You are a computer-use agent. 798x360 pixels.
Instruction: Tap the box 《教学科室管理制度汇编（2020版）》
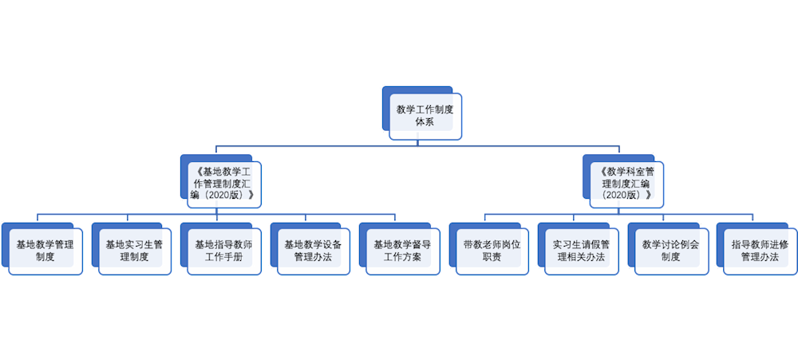626,183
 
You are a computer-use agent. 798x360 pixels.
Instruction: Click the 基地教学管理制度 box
45,251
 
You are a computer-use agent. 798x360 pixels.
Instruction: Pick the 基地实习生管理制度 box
134,251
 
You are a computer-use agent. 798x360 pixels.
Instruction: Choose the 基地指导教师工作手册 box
223,251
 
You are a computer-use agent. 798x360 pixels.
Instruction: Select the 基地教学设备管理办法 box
313,251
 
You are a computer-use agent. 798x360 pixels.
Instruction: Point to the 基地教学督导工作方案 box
402,251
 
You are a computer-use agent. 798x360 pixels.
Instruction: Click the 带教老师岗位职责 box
492,251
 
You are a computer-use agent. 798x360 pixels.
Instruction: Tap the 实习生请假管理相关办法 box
581,251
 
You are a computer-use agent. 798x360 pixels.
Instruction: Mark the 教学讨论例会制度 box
670,251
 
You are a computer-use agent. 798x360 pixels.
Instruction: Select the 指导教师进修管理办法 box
760,251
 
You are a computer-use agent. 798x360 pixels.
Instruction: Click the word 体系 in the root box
425,122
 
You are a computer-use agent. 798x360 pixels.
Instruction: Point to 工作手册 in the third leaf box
223,258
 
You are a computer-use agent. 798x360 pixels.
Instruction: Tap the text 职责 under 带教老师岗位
492,258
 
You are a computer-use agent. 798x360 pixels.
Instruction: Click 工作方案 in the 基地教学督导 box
402,258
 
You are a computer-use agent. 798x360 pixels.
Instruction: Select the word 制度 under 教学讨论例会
670,258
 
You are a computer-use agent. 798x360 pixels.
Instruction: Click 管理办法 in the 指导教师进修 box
760,258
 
